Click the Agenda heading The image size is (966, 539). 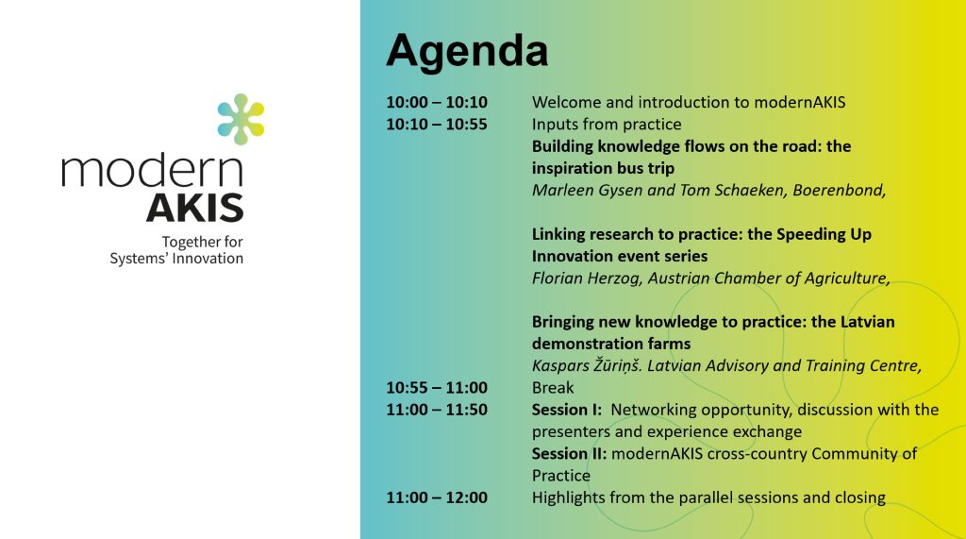[x=466, y=50]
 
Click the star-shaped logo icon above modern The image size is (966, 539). [x=241, y=120]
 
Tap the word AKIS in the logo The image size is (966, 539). [x=195, y=207]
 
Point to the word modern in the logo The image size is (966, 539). [x=152, y=171]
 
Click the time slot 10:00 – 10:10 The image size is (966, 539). [x=437, y=102]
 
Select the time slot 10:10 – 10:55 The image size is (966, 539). [x=437, y=124]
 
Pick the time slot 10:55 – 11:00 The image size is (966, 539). [x=437, y=388]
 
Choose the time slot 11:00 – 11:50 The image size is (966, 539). [x=437, y=410]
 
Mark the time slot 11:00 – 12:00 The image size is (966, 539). [x=437, y=497]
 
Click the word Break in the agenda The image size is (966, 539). [x=553, y=388]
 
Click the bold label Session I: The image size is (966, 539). [x=567, y=410]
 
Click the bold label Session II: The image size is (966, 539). [x=570, y=454]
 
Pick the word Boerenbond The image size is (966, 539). [x=837, y=191]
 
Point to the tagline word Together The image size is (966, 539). [x=189, y=243]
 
